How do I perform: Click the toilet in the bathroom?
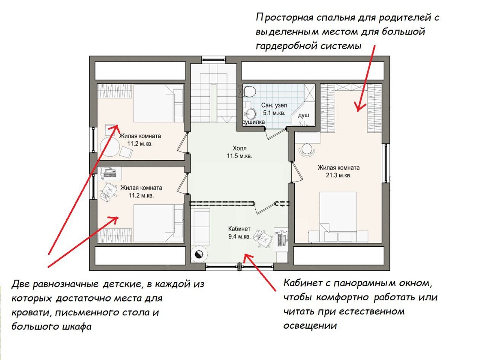tap(249, 91)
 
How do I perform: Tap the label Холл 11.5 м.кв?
tap(239, 152)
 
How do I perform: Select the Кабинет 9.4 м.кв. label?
tap(239, 233)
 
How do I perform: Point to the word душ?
tap(304, 116)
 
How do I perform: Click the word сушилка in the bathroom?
tap(254, 122)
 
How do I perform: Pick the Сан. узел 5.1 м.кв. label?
tap(274, 109)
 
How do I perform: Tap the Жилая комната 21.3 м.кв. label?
tap(338, 172)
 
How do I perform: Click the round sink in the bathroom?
tap(250, 114)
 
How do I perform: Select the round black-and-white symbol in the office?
tap(199, 254)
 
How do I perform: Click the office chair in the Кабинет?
tap(263, 239)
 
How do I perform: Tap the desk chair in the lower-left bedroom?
tap(108, 191)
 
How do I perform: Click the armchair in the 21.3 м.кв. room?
tap(307, 150)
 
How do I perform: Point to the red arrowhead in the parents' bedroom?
tap(360, 108)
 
